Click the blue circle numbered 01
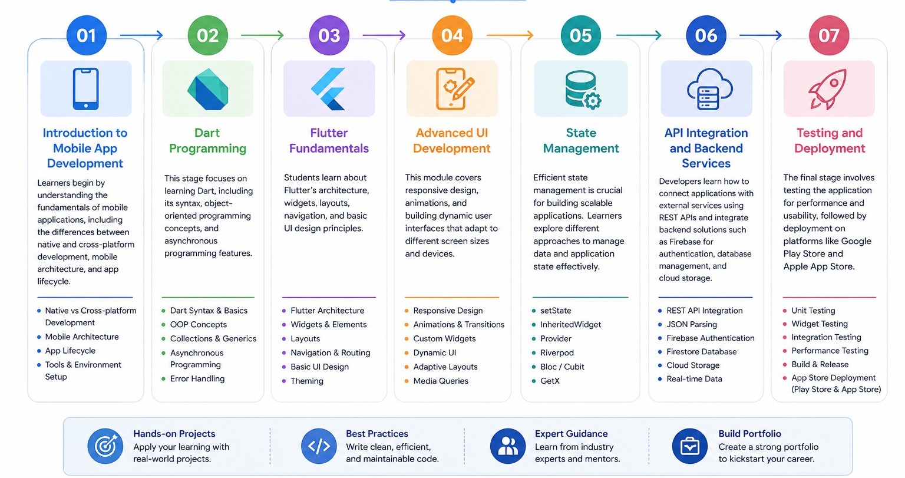pyautogui.click(x=87, y=35)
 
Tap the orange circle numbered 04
pyautogui.click(x=452, y=35)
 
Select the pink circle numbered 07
pyautogui.click(x=829, y=35)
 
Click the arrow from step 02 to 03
pyautogui.click(x=262, y=35)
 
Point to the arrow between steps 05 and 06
pyautogui.click(x=638, y=35)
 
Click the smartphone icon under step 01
pyautogui.click(x=85, y=89)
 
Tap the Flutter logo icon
pyautogui.click(x=328, y=89)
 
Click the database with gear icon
pyautogui.click(x=583, y=90)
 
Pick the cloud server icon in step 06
pyautogui.click(x=710, y=89)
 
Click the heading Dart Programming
pyautogui.click(x=207, y=141)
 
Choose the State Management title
pyautogui.click(x=581, y=141)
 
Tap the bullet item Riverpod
pyautogui.click(x=557, y=352)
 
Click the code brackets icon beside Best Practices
pyautogui.click(x=319, y=446)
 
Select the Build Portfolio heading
pyautogui.click(x=749, y=434)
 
